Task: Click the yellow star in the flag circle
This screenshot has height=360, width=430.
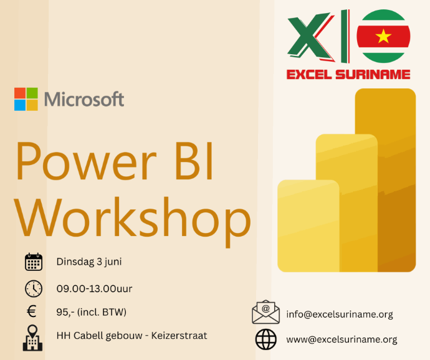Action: click(383, 36)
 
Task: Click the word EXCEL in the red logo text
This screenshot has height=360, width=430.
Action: click(308, 75)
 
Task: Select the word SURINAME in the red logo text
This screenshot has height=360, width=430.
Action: click(373, 75)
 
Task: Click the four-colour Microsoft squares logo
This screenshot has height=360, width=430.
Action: click(26, 99)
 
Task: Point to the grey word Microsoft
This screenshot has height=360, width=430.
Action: click(84, 99)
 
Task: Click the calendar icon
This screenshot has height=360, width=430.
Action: click(34, 262)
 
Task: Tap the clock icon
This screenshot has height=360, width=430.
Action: click(34, 289)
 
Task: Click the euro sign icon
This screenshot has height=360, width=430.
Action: click(32, 312)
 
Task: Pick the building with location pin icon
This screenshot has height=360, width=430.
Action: click(32, 338)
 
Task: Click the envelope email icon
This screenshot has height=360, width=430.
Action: click(265, 312)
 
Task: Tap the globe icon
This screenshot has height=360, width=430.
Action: click(265, 339)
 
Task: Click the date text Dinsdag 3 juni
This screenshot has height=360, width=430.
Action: click(89, 262)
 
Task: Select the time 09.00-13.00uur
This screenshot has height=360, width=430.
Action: click(94, 289)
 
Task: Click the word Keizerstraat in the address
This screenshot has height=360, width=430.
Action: click(179, 336)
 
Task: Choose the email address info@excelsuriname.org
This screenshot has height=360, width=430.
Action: click(340, 314)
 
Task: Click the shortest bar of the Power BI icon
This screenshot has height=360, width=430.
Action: click(308, 226)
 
